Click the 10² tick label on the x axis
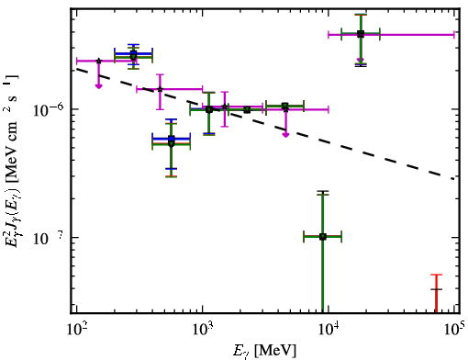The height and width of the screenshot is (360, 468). [x=76, y=330]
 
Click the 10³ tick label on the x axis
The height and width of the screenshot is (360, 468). [x=202, y=330]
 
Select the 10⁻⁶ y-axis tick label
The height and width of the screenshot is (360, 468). [x=48, y=110]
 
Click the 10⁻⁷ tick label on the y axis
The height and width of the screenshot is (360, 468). [x=48, y=238]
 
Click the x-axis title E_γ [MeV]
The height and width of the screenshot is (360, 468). [x=264, y=351]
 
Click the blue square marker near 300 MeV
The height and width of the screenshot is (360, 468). [x=133, y=54]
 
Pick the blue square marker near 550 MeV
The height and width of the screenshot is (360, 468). [x=172, y=139]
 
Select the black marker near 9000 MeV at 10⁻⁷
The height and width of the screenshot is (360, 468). [x=322, y=236]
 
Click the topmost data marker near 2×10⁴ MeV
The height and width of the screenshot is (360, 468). [x=361, y=34]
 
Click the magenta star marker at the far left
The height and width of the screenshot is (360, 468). [x=98, y=61]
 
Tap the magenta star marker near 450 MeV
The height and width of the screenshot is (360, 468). [x=160, y=89]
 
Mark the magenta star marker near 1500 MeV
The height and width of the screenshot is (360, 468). [x=225, y=107]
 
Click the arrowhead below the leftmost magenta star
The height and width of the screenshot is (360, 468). [x=98, y=86]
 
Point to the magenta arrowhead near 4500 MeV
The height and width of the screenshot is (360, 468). [x=285, y=134]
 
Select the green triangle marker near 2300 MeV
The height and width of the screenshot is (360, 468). [x=247, y=109]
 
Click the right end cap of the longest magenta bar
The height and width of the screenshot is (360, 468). [x=454, y=35]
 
